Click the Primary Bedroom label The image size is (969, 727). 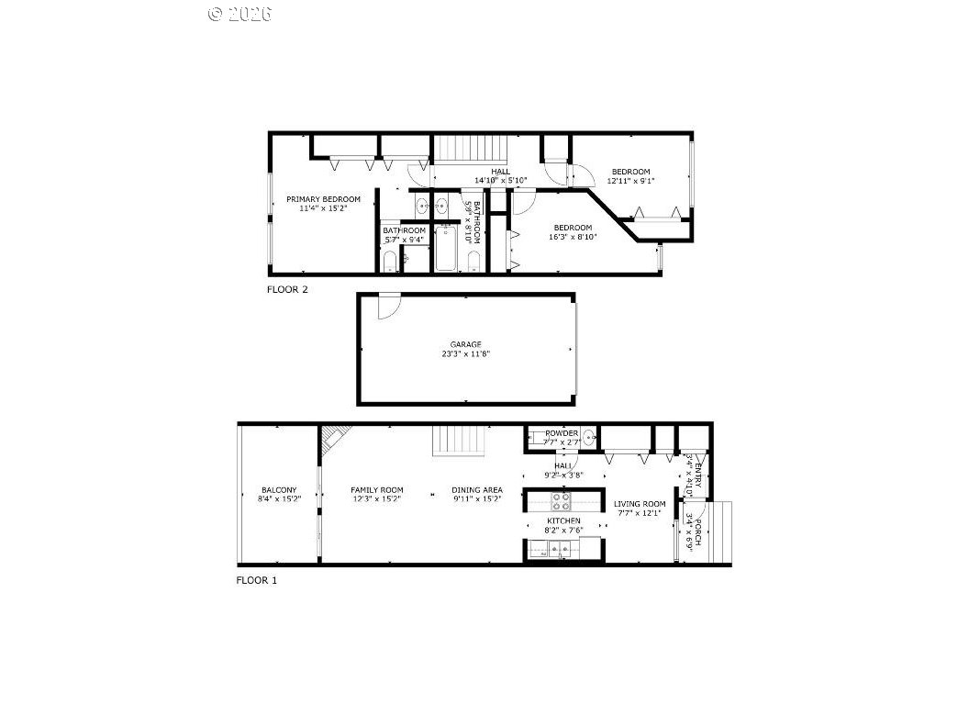point(323,199)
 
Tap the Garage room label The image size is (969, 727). point(465,344)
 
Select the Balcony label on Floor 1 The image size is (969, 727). point(279,490)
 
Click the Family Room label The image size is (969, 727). point(377,490)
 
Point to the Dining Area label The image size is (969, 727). point(476,490)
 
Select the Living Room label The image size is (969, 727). point(640,504)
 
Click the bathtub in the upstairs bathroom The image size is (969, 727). point(445,249)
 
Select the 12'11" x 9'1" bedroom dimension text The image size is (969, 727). point(630,181)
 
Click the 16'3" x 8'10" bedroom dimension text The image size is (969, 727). point(572,237)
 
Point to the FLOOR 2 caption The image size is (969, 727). point(287,289)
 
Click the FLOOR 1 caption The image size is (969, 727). point(257,580)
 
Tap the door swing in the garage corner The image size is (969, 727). point(387,306)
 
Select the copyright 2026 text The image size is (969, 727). point(240,14)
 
